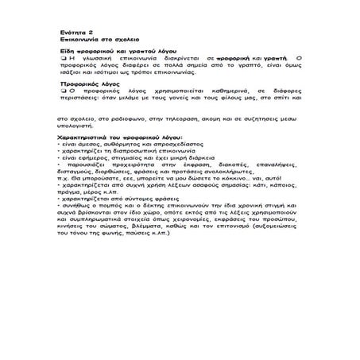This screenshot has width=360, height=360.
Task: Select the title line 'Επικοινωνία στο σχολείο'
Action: [x=93, y=37]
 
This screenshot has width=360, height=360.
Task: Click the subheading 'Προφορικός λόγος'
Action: [x=84, y=83]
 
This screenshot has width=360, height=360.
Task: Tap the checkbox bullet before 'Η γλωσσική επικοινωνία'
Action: [x=62, y=59]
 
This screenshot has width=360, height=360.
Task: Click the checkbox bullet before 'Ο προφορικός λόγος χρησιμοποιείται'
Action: [x=62, y=91]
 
